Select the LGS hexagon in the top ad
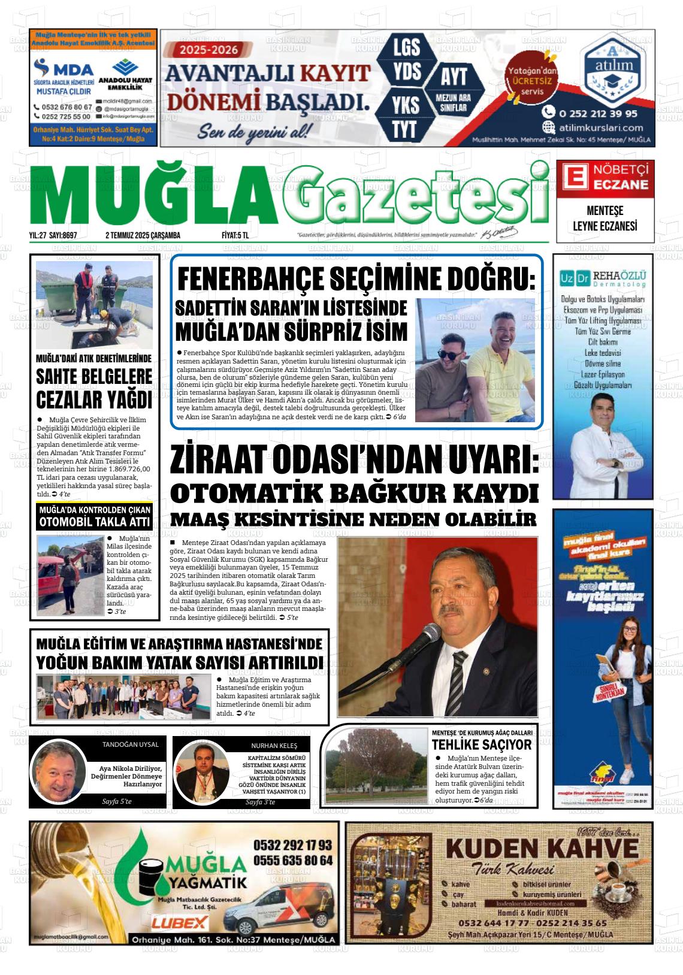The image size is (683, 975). click(407, 47)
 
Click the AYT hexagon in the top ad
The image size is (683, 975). click(454, 77)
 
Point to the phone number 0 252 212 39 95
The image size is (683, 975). click(598, 113)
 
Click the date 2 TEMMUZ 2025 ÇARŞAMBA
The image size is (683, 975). click(143, 235)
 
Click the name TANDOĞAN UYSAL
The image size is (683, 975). click(131, 744)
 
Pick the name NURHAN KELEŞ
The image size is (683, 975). click(274, 746)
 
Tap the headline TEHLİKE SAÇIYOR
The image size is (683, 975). click(482, 744)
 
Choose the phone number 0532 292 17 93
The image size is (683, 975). click(292, 845)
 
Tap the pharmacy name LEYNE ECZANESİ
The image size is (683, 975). click(605, 226)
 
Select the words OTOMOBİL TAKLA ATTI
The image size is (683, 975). click(95, 522)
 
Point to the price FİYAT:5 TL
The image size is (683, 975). click(235, 235)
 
